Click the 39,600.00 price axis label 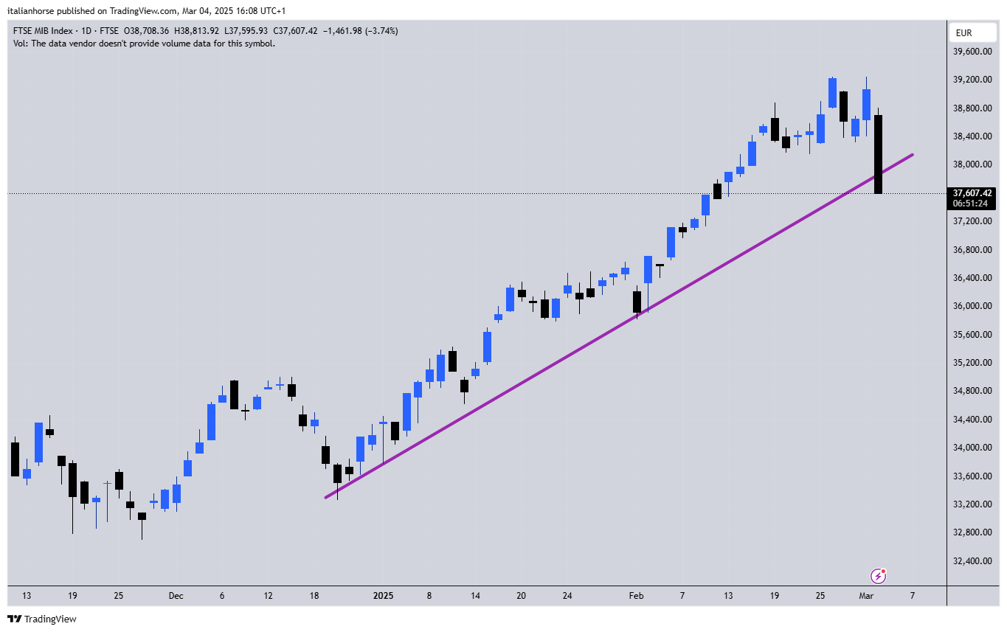[972, 52]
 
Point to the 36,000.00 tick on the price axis [972, 306]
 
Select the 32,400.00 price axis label [972, 560]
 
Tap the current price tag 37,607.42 [972, 193]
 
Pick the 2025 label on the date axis [383, 596]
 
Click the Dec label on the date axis [176, 596]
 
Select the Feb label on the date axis [636, 596]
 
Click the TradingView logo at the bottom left [42, 619]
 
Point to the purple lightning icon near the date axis [878, 575]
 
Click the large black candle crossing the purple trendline [879, 154]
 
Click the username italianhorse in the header [35, 11]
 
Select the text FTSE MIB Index [43, 31]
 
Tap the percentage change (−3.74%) [379, 31]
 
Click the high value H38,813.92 [195, 31]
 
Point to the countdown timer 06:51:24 [970, 204]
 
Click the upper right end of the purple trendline [913, 155]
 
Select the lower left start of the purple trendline [326, 497]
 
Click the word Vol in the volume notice [20, 44]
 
